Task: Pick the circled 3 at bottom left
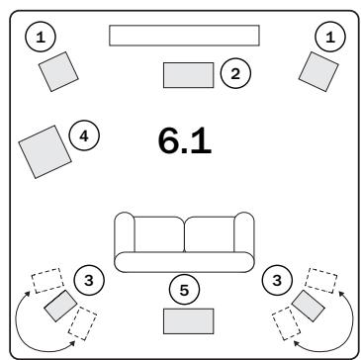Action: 89,281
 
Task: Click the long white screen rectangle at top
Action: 184,36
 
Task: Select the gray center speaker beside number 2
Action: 188,74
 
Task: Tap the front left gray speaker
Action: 57,70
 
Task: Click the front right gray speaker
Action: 319,70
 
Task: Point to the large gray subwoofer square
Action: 45,150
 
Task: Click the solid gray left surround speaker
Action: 61,306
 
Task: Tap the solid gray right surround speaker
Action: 307,306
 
